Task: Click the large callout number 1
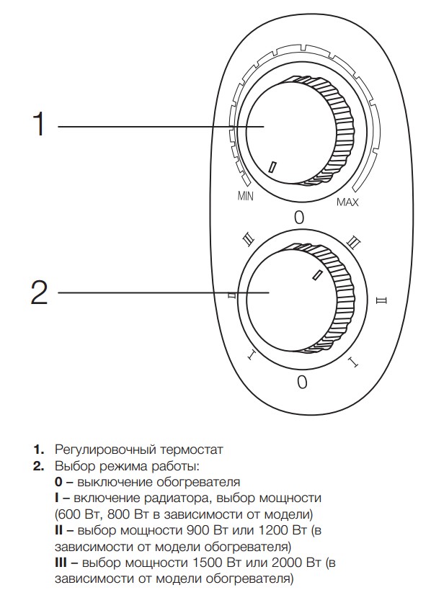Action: click(39, 124)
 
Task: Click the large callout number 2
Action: click(39, 292)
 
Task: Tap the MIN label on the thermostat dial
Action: click(245, 196)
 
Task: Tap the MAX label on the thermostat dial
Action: click(347, 202)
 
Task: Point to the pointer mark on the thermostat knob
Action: click(272, 166)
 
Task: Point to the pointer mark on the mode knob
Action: click(317, 274)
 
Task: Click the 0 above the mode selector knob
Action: click(299, 218)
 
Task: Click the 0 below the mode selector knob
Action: click(302, 383)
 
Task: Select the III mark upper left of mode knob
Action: click(248, 241)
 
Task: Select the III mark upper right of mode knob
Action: click(354, 242)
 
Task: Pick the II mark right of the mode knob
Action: click(382, 300)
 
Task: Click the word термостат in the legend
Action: click(190, 450)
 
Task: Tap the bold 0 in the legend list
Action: click(58, 482)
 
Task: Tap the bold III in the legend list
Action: click(61, 562)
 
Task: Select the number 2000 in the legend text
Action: click(288, 562)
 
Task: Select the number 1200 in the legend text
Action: click(273, 529)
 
